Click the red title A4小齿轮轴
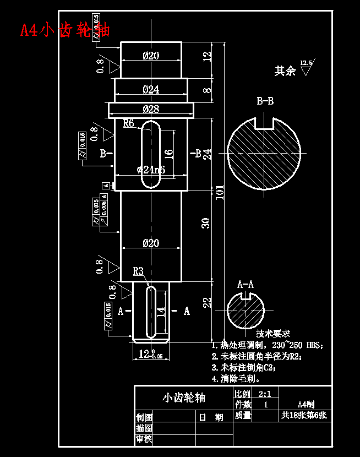click(64, 29)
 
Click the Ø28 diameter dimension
click(151, 109)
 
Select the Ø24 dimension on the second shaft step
click(151, 89)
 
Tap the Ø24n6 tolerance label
click(151, 170)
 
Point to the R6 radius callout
click(129, 123)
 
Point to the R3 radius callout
click(138, 271)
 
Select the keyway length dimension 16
click(168, 153)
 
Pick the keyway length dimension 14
click(161, 312)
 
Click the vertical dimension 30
click(205, 223)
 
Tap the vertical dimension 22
click(206, 302)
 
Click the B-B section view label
click(265, 101)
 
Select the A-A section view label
click(246, 285)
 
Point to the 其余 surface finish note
click(286, 71)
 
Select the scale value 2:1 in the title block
click(264, 394)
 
